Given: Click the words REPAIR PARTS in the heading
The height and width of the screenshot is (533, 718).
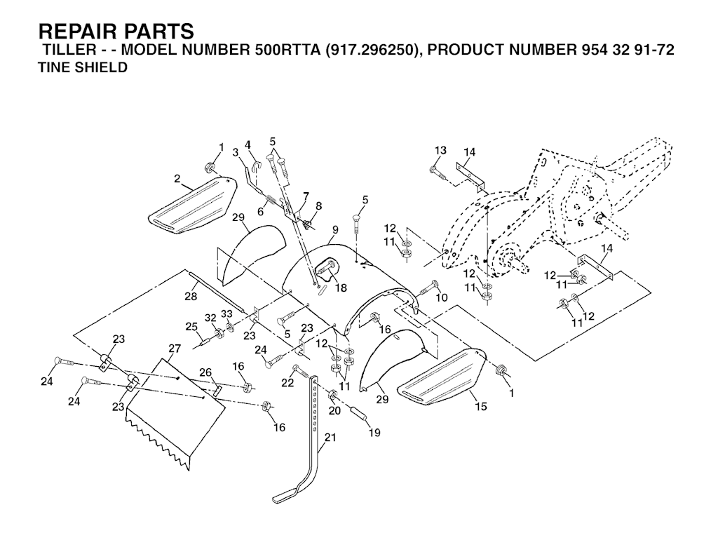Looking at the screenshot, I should click(x=116, y=32).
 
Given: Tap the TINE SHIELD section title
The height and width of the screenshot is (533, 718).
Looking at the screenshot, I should click(x=82, y=68).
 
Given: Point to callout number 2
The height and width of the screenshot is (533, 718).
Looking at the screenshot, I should click(x=177, y=180).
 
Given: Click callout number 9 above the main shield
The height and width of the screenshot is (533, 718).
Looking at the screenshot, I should click(x=335, y=229).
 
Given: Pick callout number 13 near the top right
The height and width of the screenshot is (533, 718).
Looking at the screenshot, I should click(x=440, y=151).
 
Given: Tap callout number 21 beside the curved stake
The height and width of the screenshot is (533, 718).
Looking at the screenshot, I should click(x=330, y=438).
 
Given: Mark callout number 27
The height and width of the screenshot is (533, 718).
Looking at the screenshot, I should click(x=175, y=348).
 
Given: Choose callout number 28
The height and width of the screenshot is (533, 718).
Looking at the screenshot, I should click(x=191, y=297).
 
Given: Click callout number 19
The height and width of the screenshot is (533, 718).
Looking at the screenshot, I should click(x=374, y=433).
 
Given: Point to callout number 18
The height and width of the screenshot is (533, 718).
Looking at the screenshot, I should click(x=341, y=288).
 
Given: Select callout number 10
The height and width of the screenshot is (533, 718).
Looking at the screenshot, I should click(x=441, y=298).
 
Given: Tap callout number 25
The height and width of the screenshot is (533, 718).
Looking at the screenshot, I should click(x=190, y=326).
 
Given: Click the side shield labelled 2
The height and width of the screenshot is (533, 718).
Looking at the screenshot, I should click(x=191, y=204).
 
